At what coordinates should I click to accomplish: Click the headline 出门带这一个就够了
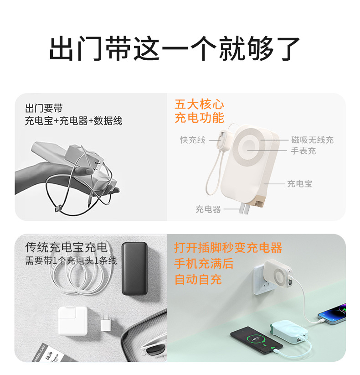click(175, 48)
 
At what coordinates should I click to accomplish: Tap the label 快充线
click(193, 140)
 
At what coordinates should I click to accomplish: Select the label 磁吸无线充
click(313, 140)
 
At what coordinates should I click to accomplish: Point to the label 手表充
click(303, 151)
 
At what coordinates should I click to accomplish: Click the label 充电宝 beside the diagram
click(299, 184)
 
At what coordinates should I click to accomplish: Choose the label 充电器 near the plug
click(208, 209)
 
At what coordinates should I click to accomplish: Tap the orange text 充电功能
click(199, 118)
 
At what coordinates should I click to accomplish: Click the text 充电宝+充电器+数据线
click(73, 121)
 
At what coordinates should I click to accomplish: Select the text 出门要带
click(44, 109)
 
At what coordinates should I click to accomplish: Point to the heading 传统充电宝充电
click(67, 247)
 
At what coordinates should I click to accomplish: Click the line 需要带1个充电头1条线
click(71, 261)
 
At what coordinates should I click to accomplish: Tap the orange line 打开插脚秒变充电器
click(228, 248)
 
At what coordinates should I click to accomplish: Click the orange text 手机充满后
click(204, 263)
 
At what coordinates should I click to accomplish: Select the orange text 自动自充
click(198, 279)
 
